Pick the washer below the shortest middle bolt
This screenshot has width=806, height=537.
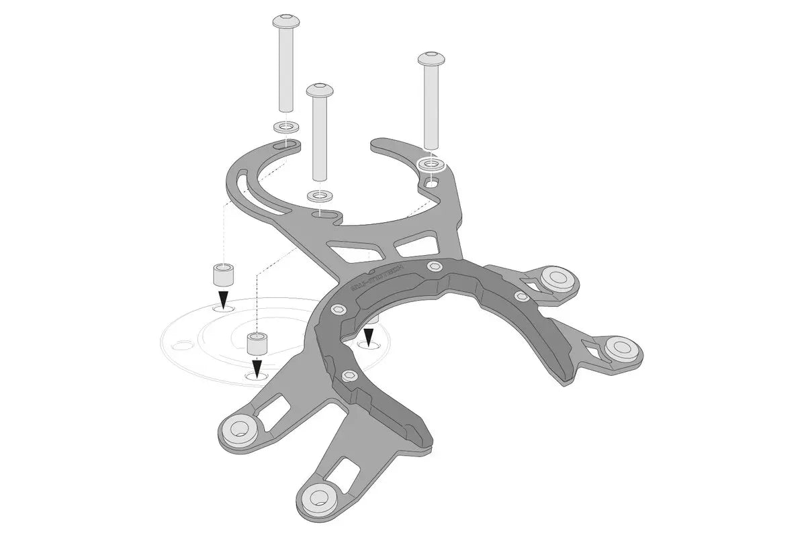tap(320, 196)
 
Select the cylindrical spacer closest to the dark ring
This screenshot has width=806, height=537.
tap(258, 344)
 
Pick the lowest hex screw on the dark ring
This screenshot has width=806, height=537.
tap(349, 376)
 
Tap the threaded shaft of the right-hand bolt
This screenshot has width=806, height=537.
tap(430, 107)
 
